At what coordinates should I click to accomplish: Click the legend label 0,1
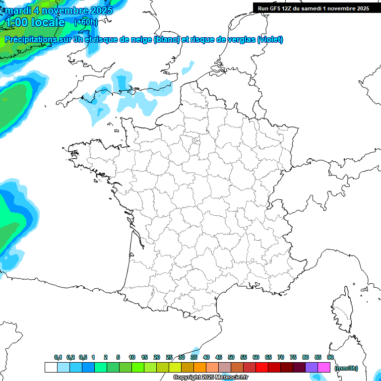[58, 357]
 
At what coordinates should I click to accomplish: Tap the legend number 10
[132, 357]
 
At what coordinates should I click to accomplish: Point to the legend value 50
[231, 357]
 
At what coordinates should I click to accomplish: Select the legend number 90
[330, 357]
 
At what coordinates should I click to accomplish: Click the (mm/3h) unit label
[346, 368]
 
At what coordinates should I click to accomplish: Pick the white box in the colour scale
[51, 368]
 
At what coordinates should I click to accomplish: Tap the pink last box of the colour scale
[324, 368]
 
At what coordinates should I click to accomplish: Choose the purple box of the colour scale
[312, 368]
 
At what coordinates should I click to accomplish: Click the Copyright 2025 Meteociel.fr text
[210, 378]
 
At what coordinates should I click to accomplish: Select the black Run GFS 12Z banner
[313, 8]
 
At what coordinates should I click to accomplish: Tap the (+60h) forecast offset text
[86, 22]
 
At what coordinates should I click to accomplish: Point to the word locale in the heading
[48, 22]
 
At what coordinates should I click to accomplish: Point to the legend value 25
[169, 357]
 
